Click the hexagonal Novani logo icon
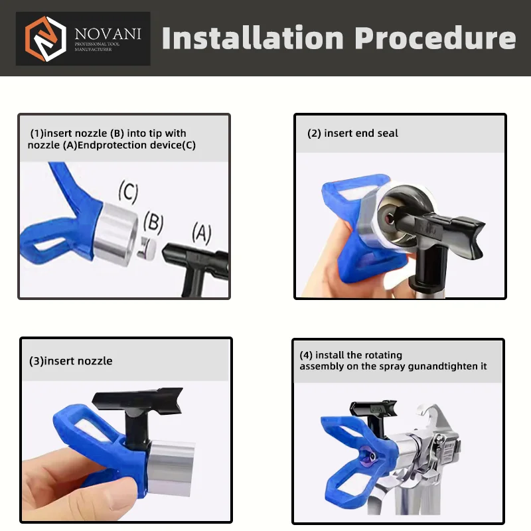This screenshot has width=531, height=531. (x=45, y=38)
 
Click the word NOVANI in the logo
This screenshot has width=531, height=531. (x=108, y=34)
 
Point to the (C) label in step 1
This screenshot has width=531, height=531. (x=128, y=193)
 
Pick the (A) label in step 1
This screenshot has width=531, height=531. (x=202, y=234)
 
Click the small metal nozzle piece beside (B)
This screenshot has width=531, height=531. (x=147, y=248)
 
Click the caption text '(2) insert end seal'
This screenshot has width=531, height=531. (x=352, y=133)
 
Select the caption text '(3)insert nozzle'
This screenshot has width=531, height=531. (x=71, y=361)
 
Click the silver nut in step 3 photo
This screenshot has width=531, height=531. (x=171, y=467)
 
